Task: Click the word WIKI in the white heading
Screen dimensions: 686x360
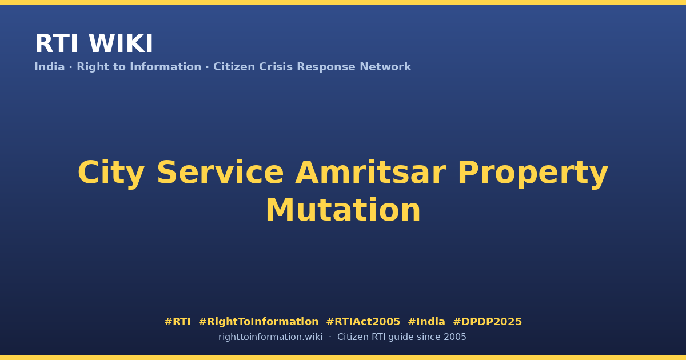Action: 121,43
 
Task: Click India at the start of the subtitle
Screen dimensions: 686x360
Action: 50,67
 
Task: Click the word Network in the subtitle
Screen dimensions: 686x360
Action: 385,67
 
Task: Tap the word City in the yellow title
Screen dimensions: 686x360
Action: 111,173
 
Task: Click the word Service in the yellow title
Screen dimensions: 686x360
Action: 220,173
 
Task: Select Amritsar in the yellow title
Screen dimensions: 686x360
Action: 370,173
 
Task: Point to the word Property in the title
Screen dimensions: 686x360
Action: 533,173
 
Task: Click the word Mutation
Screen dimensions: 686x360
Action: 343,210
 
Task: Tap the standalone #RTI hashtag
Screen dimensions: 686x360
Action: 177,322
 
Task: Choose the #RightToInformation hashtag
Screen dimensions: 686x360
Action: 258,322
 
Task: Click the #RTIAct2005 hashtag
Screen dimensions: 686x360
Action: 363,322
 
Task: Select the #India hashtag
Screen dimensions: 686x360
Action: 426,322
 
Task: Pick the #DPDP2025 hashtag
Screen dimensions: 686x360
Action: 487,322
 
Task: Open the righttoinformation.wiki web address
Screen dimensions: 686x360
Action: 270,337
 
